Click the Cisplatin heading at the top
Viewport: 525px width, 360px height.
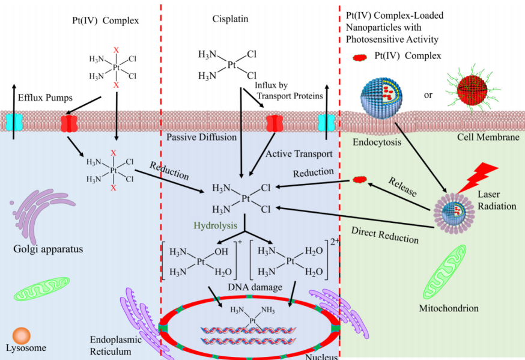[230, 19]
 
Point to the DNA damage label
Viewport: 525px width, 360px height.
[255, 287]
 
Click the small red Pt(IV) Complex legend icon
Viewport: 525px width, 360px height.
[359, 56]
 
